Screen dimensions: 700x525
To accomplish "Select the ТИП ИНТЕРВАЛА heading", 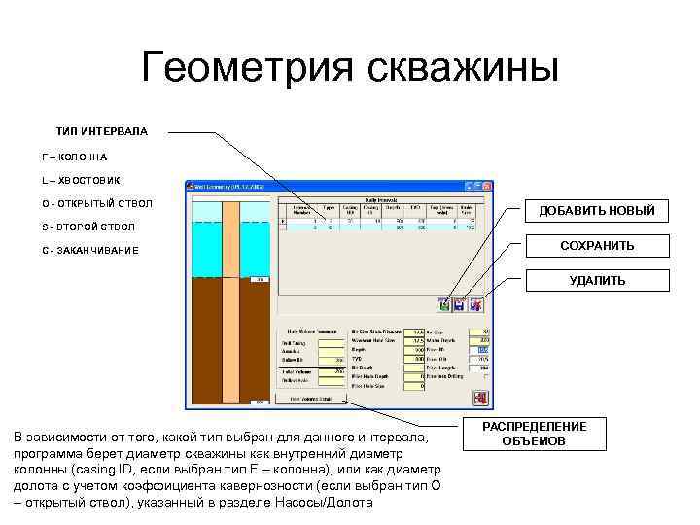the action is click(x=101, y=130).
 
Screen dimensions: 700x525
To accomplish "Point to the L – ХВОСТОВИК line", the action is click(x=81, y=180).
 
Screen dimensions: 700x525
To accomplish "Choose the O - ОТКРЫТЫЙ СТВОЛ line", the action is click(x=96, y=203).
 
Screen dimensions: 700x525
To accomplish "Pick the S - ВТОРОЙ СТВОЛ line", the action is click(x=88, y=227).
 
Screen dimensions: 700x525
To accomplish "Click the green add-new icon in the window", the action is click(x=444, y=305).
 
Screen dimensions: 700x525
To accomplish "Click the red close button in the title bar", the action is click(x=484, y=187).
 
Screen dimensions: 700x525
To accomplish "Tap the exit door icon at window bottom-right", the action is click(x=479, y=398).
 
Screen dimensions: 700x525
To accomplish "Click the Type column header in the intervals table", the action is click(x=329, y=208).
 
